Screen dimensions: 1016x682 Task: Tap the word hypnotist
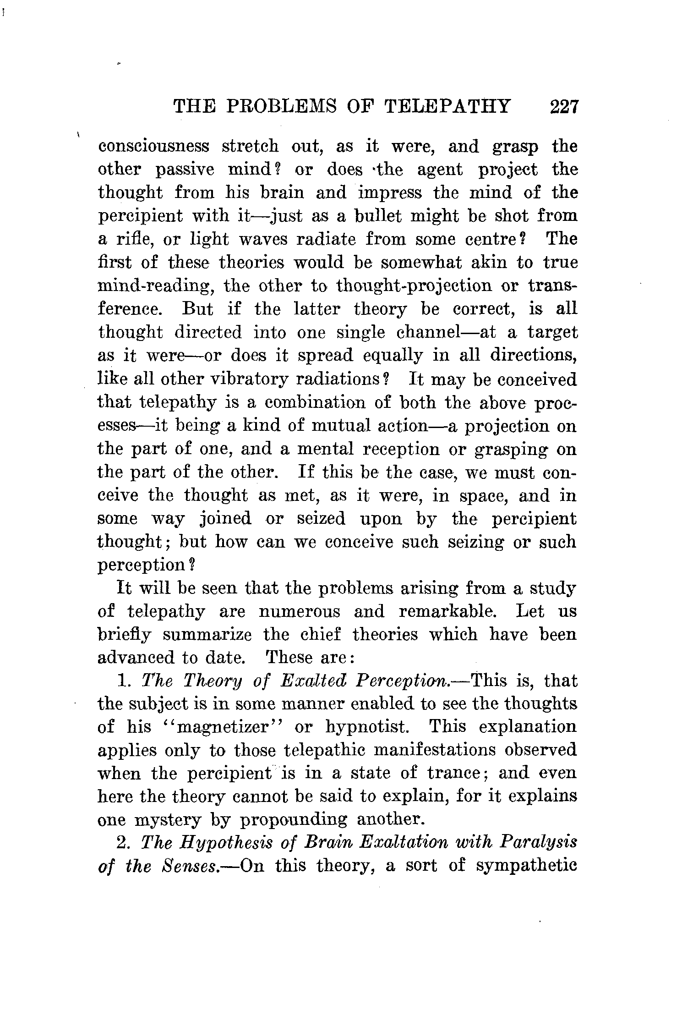click(x=365, y=727)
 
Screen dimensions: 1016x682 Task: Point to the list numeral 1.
click(x=122, y=681)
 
